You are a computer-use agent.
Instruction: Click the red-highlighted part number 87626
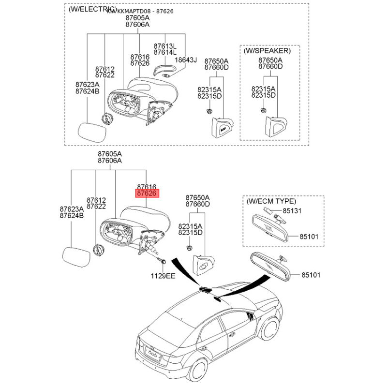(147, 193)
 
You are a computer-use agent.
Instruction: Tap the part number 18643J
(186, 60)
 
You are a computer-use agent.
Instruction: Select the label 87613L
(165, 45)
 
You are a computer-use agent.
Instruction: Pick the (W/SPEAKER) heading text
(267, 50)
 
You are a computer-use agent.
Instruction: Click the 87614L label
(165, 52)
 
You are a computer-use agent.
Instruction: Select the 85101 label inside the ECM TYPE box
(310, 237)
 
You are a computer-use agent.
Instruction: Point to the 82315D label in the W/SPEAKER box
(263, 96)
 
